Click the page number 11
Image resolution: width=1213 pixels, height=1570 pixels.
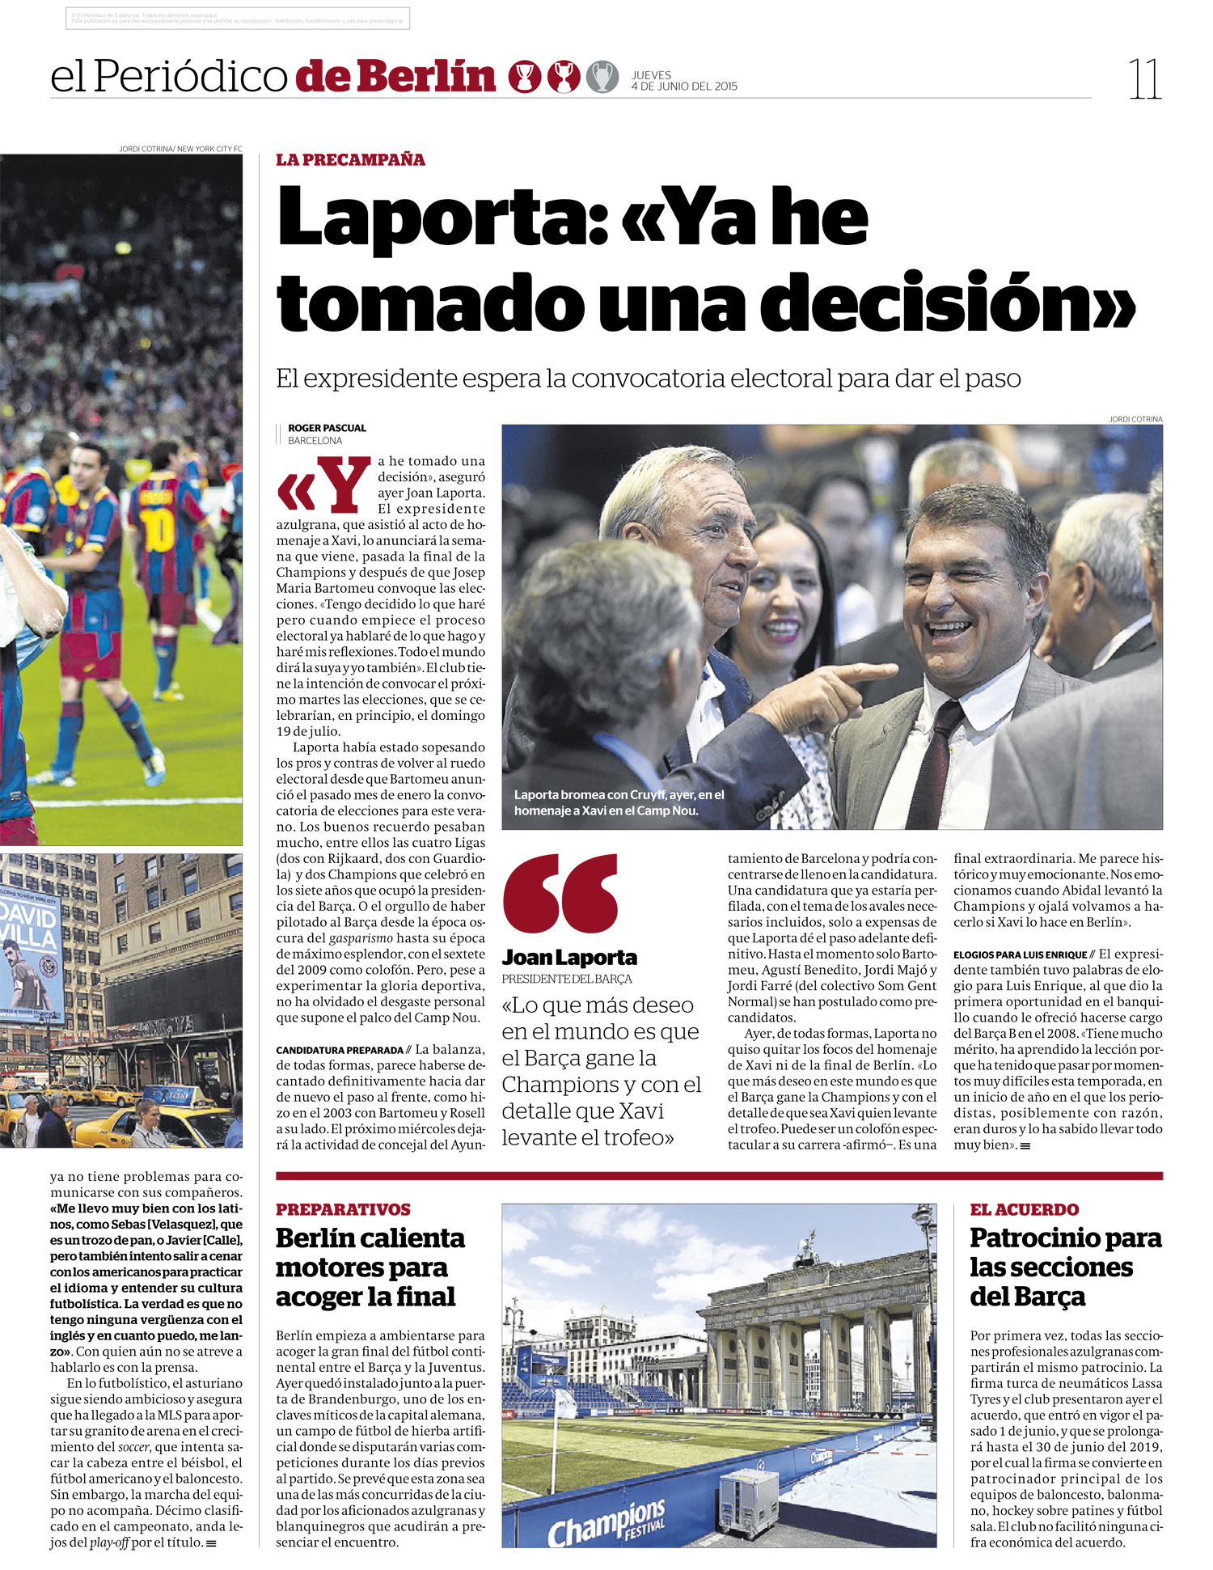point(1145,79)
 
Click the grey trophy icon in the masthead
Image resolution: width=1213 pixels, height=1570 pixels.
point(602,77)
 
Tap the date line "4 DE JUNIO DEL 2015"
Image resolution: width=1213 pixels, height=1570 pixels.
point(684,87)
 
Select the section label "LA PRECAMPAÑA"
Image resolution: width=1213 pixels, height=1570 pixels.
point(350,159)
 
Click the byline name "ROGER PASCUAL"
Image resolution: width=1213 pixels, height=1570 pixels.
point(327,428)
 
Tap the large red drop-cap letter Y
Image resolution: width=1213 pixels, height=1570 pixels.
point(342,485)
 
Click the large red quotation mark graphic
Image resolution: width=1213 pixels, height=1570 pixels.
point(560,893)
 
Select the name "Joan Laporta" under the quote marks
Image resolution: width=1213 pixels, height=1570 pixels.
point(569,958)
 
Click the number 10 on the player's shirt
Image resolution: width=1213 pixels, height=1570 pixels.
point(158,531)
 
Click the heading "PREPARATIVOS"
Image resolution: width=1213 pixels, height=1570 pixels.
point(343,1209)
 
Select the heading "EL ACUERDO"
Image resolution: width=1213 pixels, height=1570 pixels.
point(1024,1209)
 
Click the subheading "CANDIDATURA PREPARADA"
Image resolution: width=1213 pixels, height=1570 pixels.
point(340,1050)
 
